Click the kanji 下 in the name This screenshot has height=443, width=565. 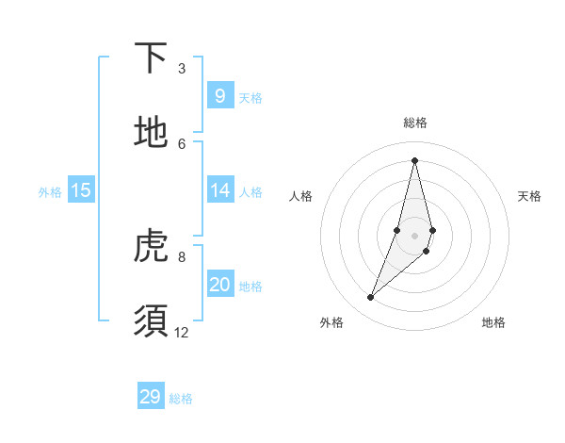151,59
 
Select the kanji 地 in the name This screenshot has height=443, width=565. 151,132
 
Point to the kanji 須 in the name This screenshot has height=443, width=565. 151,320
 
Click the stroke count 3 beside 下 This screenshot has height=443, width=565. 182,69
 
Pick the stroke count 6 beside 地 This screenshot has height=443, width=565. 182,143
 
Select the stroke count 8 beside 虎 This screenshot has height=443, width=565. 182,256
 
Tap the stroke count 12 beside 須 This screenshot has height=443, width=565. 182,332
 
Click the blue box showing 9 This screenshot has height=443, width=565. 219,95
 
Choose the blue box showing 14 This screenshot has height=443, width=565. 219,190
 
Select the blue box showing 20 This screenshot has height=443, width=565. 219,285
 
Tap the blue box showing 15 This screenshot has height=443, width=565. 81,190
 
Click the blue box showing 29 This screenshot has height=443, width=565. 151,397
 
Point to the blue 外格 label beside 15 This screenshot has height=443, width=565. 50,192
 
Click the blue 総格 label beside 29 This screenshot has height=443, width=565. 181,399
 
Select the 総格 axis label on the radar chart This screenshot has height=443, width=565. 415,123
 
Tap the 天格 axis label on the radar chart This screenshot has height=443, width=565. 529,196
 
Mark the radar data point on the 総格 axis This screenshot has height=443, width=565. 414,159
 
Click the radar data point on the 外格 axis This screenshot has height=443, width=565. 370,298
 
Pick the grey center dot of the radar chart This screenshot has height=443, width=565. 414,236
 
